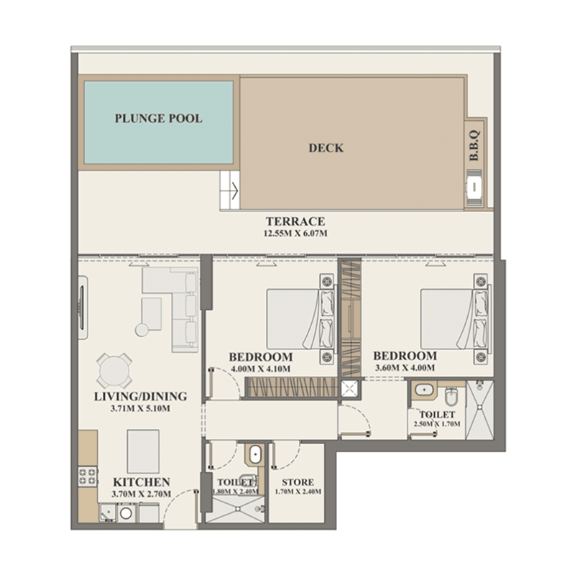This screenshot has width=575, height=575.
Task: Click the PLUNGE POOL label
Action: pyautogui.click(x=158, y=119)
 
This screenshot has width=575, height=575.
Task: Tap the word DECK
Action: pyautogui.click(x=326, y=148)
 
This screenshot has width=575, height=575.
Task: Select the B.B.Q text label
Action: pyautogui.click(x=474, y=145)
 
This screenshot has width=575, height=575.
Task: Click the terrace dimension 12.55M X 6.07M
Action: pyautogui.click(x=295, y=233)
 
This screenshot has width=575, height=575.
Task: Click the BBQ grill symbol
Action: pyautogui.click(x=474, y=187)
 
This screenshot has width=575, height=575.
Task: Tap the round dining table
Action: pyautogui.click(x=114, y=371)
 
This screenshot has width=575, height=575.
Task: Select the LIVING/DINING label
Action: pyautogui.click(x=140, y=397)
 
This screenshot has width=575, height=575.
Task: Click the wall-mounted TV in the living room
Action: pyautogui.click(x=83, y=308)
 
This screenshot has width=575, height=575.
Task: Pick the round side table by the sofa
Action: pyautogui.click(x=142, y=330)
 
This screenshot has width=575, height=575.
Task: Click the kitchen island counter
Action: pyautogui.click(x=143, y=451)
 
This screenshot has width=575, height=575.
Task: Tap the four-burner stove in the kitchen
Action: pyautogui.click(x=88, y=476)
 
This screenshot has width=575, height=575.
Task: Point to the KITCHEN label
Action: pyautogui.click(x=141, y=482)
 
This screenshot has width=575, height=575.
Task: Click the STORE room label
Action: pyautogui.click(x=298, y=482)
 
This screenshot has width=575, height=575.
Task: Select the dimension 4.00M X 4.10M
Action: pyautogui.click(x=261, y=369)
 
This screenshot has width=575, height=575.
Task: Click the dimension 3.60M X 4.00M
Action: pyautogui.click(x=405, y=368)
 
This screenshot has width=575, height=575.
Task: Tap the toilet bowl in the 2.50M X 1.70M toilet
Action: pyautogui.click(x=451, y=397)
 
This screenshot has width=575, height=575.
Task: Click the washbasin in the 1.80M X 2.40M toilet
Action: pyautogui.click(x=255, y=455)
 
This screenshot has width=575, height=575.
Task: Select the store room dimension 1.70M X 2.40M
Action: pyautogui.click(x=298, y=492)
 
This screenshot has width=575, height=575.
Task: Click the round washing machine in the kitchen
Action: pyautogui.click(x=126, y=513)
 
